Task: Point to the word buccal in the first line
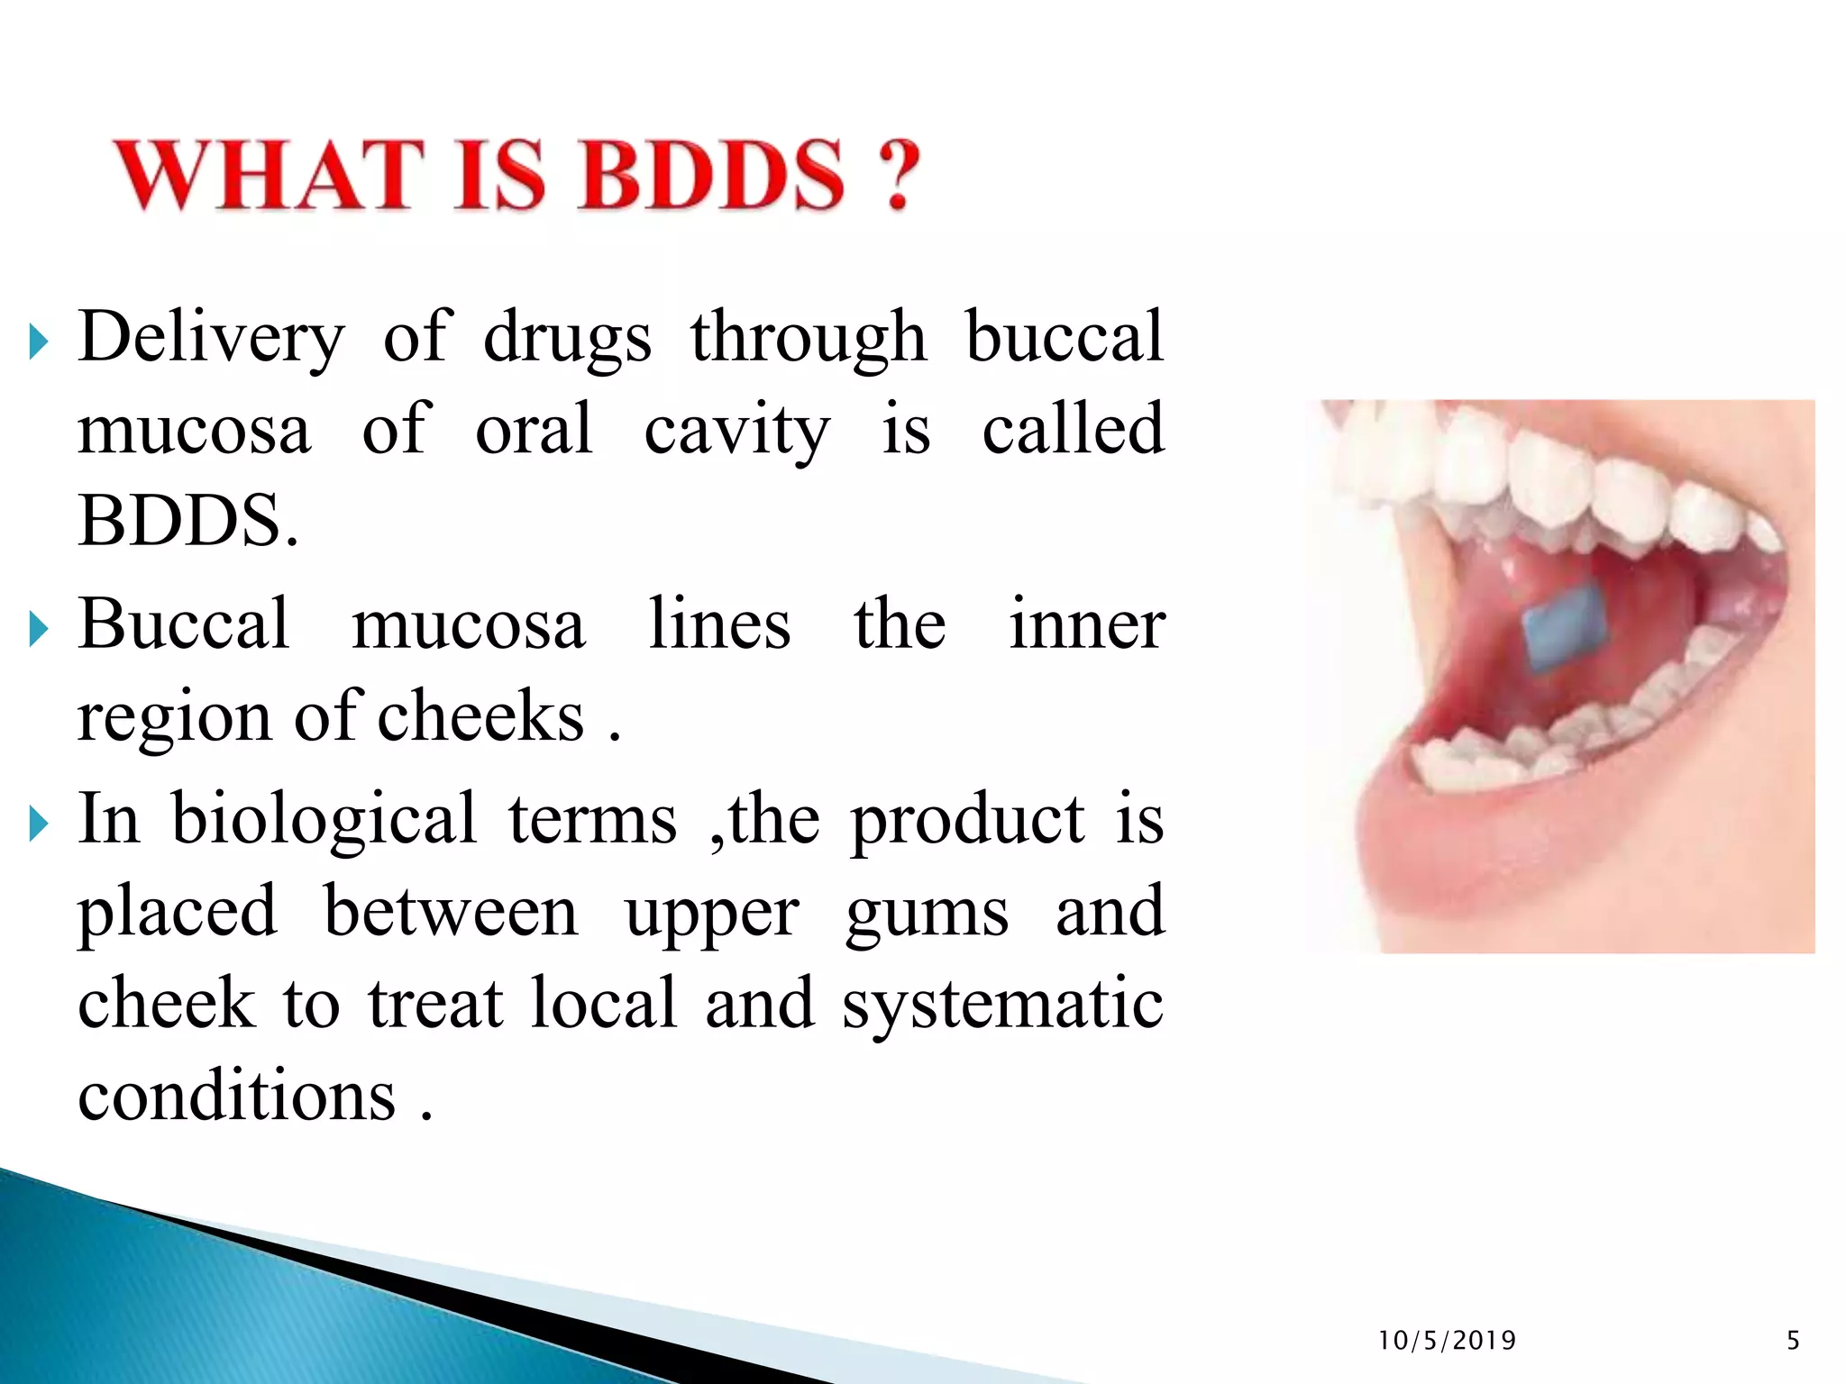tap(1065, 337)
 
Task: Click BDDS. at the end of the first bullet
tap(187, 522)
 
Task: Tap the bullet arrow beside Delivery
tap(37, 342)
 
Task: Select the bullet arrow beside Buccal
tap(37, 629)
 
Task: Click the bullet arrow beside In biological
tap(37, 824)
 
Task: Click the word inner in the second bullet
tap(1086, 624)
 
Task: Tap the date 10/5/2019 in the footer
tap(1447, 1341)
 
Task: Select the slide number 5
tap(1793, 1341)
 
